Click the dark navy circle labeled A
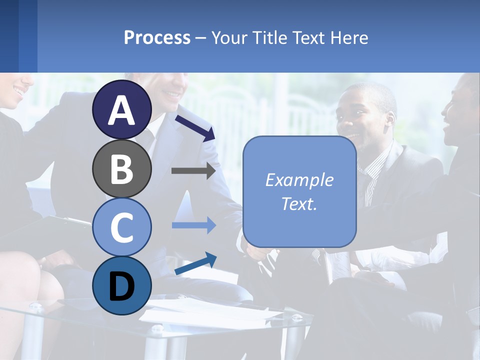pos(121,110)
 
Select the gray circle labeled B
pos(121,169)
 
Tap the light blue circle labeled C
pos(121,227)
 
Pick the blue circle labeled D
pos(121,285)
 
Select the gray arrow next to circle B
pos(193,171)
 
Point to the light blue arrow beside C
pos(193,225)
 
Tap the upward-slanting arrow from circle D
pos(195,263)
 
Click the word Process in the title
pos(157,37)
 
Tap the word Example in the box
pos(299,180)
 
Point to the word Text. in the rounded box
pos(299,204)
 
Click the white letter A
pos(121,110)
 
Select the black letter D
pos(121,286)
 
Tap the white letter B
pos(121,169)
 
